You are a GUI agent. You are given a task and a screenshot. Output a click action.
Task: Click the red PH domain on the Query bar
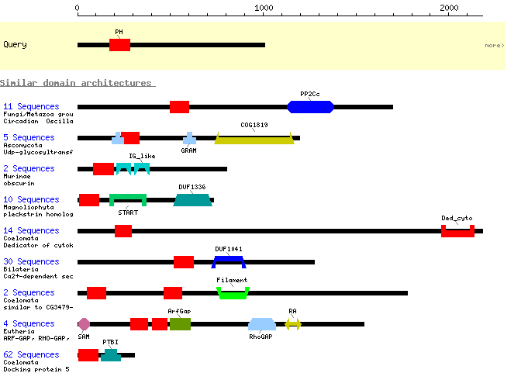coord(119,45)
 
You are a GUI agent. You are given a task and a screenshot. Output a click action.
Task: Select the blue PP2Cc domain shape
coord(310,107)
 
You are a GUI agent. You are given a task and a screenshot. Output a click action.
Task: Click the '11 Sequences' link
coord(31,106)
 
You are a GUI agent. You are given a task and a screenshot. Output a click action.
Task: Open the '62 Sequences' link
coord(31,354)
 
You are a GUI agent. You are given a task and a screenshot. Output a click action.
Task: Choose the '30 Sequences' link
coord(31,261)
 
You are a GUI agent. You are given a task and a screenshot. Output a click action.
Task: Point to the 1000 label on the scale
coord(264,8)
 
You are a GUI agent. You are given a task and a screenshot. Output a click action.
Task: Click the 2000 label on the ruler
coord(449,8)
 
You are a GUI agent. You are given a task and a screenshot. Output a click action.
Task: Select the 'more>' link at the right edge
coord(495,45)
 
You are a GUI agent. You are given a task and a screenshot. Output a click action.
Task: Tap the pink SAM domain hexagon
coord(84,324)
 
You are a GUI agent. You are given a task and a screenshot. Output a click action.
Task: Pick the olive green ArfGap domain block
coord(180,324)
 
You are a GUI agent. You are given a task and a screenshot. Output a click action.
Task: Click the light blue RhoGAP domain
coord(262,324)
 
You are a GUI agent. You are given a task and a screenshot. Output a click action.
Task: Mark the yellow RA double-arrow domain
coord(293,324)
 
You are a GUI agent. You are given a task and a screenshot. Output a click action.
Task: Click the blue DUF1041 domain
coord(229,259)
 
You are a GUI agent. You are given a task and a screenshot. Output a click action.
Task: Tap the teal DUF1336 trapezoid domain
coord(192,200)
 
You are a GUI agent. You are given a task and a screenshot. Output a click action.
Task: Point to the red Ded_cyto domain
coord(457,233)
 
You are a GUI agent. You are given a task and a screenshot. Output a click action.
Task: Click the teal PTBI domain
coord(111,355)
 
